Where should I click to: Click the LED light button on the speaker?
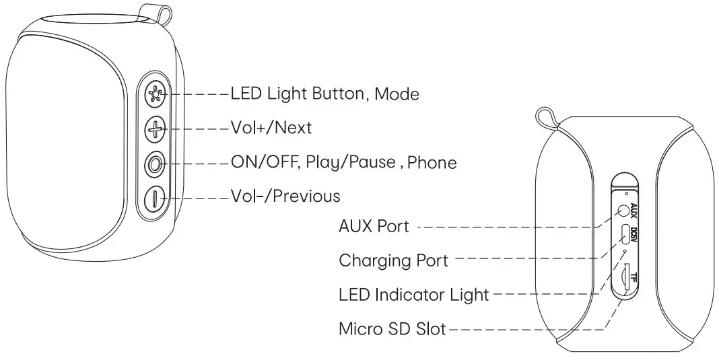pyautogui.click(x=156, y=94)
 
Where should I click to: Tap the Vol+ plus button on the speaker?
pyautogui.click(x=156, y=128)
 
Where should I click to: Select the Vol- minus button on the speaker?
pyautogui.click(x=156, y=199)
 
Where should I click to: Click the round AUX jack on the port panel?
pyautogui.click(x=625, y=211)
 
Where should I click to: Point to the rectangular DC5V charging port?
pyautogui.click(x=625, y=234)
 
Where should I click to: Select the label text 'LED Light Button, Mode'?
pyautogui.click(x=324, y=94)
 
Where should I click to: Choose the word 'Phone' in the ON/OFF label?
pyautogui.click(x=432, y=162)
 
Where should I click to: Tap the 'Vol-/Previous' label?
pyautogui.click(x=285, y=196)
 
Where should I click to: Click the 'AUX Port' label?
pyautogui.click(x=374, y=227)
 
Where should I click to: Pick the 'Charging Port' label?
pyautogui.click(x=393, y=260)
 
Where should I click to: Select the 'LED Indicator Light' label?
pyautogui.click(x=413, y=295)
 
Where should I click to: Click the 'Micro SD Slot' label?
pyautogui.click(x=392, y=330)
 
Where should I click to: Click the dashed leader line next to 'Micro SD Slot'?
pyautogui.click(x=525, y=330)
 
